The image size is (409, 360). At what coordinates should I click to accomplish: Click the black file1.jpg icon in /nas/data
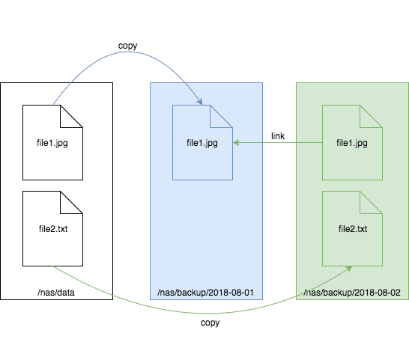[x=52, y=142]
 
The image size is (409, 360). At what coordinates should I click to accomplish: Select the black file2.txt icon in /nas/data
[x=52, y=228]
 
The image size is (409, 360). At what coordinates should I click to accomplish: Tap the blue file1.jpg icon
[x=202, y=142]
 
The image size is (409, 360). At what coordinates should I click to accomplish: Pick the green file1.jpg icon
[x=352, y=142]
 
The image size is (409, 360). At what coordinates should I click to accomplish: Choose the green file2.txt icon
[x=352, y=228]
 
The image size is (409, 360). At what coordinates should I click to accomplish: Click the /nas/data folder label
[x=57, y=291]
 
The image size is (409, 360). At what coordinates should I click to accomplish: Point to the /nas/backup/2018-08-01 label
[x=207, y=291]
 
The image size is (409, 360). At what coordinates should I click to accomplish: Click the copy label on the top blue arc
[x=128, y=46]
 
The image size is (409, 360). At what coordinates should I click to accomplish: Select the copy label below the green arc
[x=210, y=323]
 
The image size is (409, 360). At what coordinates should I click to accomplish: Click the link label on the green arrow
[x=278, y=136]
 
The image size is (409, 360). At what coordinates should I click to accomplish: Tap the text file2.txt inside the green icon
[x=352, y=228]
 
